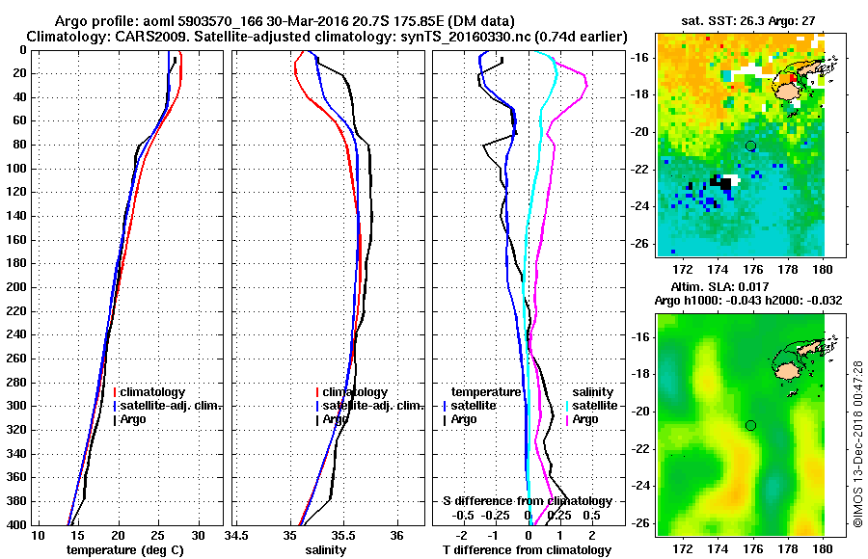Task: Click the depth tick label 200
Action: coord(16,287)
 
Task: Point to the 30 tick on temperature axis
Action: coord(198,535)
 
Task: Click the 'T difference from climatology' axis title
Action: coord(527,549)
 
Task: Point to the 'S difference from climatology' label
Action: coord(527,501)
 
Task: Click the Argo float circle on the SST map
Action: coord(750,146)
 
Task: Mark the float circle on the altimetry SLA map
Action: coord(750,425)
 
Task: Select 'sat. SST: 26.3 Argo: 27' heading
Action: coord(741,20)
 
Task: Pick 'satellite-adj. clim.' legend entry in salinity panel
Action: coord(369,406)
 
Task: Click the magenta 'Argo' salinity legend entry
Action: coord(585,419)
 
